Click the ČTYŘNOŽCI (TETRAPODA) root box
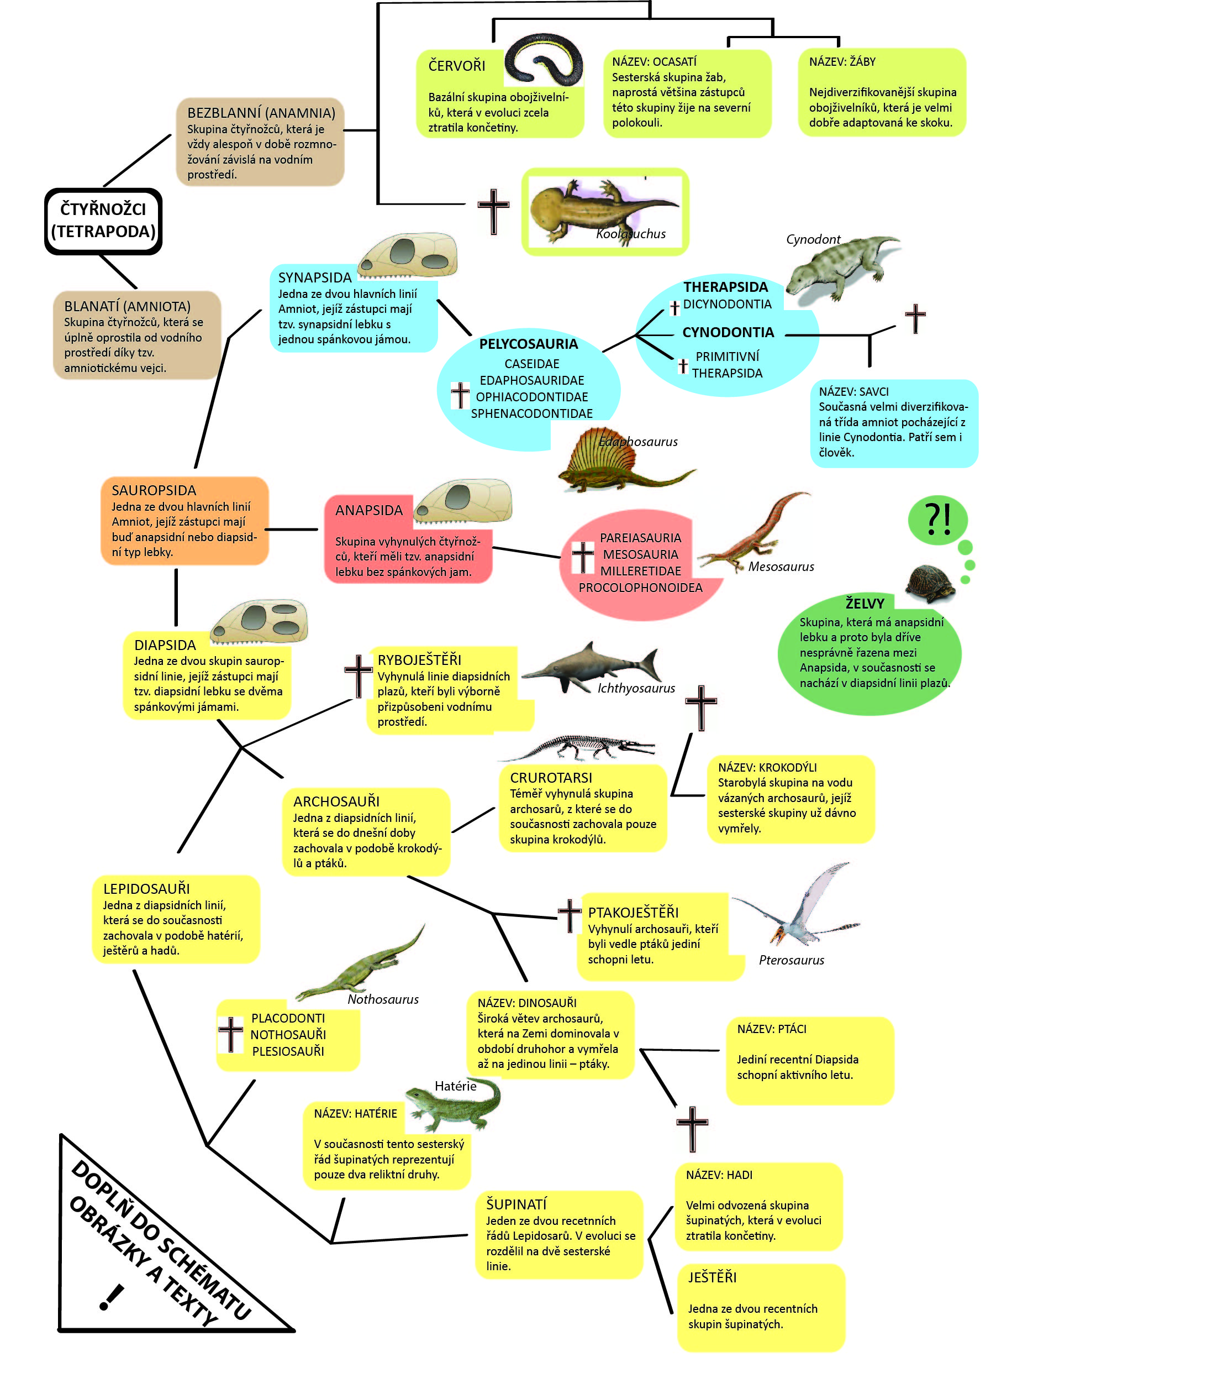tap(103, 221)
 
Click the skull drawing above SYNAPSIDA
tap(408, 255)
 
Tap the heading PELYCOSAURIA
tap(528, 344)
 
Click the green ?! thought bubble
tap(937, 520)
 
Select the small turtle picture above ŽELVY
tap(930, 583)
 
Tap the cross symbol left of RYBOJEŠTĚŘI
tap(358, 675)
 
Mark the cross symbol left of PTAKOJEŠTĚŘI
tap(569, 915)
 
